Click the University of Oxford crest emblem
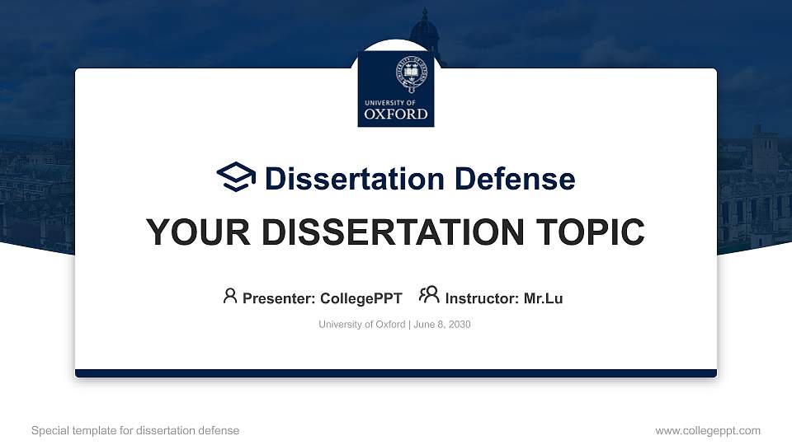pyautogui.click(x=411, y=74)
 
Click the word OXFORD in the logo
pyautogui.click(x=396, y=114)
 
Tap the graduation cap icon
pyautogui.click(x=236, y=177)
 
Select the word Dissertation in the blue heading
pyautogui.click(x=355, y=179)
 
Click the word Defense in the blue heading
pyautogui.click(x=515, y=179)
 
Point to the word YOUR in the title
pyautogui.click(x=198, y=232)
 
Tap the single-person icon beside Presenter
pyautogui.click(x=230, y=296)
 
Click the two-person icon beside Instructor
pyautogui.click(x=429, y=295)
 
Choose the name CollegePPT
pyautogui.click(x=361, y=298)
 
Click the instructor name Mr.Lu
pyautogui.click(x=543, y=298)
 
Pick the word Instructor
pyautogui.click(x=482, y=298)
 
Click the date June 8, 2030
pyautogui.click(x=442, y=325)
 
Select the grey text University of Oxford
pyautogui.click(x=361, y=325)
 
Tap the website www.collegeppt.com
pyautogui.click(x=708, y=431)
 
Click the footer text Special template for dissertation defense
pyautogui.click(x=135, y=430)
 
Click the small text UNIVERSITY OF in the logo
pyautogui.click(x=390, y=102)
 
